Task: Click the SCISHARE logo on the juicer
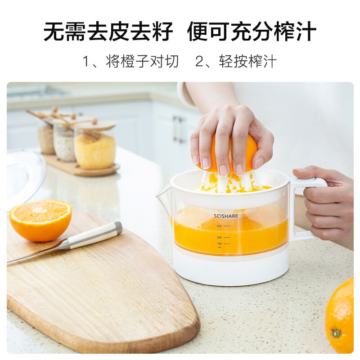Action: point(225,216)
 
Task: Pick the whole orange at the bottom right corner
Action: point(341,317)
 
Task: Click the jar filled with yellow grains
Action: point(95,148)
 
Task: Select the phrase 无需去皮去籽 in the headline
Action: point(108,31)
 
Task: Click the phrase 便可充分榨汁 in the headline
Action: point(251,31)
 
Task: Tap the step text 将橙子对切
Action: point(142,61)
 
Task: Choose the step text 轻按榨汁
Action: point(247,61)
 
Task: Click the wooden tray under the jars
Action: point(81,166)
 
